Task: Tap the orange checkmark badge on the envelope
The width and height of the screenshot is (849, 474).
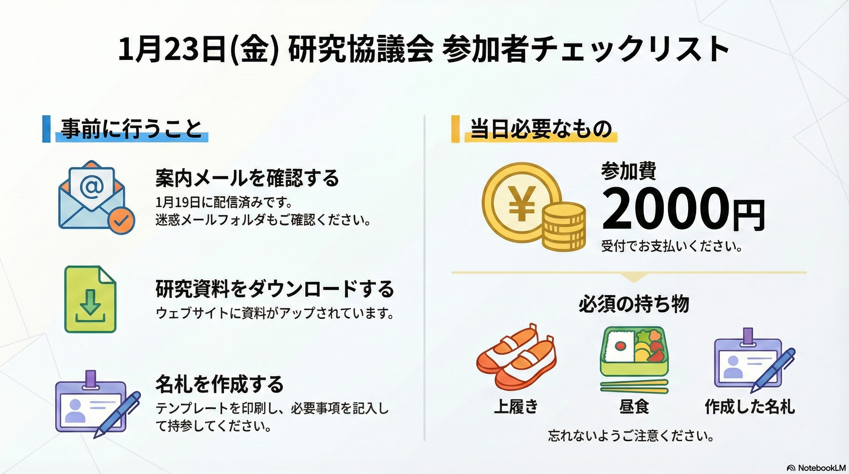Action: coord(122,221)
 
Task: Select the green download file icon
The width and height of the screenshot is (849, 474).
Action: coord(90,299)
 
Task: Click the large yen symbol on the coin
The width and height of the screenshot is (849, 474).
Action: coord(521,204)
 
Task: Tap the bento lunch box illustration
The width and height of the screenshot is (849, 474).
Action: coord(634,351)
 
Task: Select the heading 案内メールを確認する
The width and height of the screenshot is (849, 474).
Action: coord(247,178)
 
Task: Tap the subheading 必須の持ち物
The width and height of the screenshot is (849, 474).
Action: coord(634,304)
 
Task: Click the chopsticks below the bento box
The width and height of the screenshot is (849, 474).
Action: coord(634,387)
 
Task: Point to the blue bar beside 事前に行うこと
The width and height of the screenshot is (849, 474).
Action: coord(47,129)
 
